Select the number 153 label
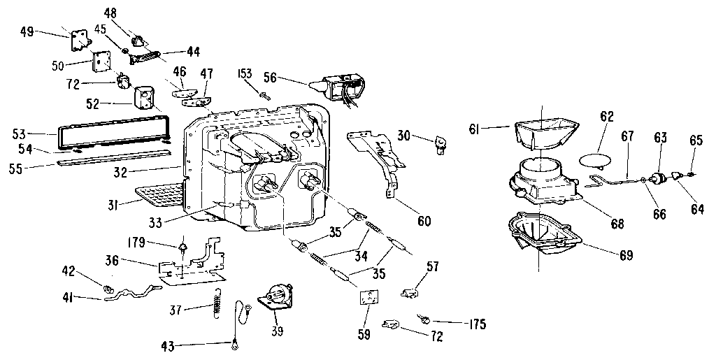click(245, 74)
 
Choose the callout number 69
click(625, 255)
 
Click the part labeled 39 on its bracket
click(276, 296)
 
